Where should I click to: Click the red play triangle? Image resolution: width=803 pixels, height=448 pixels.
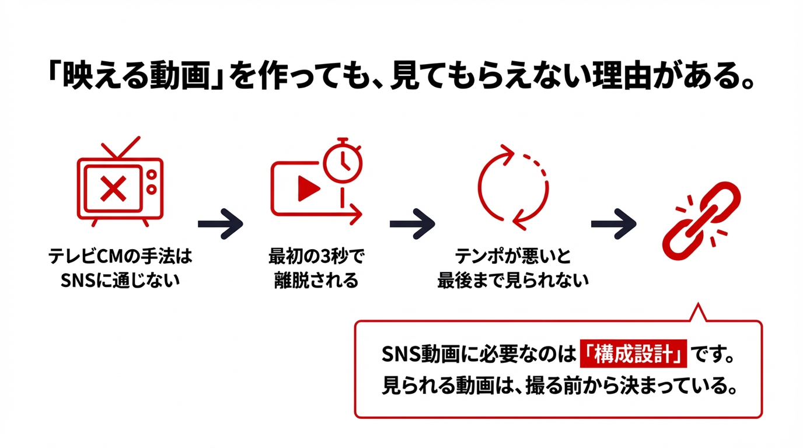[308, 188]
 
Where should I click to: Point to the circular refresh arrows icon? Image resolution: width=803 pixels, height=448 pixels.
[513, 188]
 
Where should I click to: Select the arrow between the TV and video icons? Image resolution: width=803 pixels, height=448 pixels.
[220, 223]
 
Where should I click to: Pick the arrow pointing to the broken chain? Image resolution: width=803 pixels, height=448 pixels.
[613, 223]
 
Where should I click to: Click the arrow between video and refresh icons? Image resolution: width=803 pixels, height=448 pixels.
[412, 223]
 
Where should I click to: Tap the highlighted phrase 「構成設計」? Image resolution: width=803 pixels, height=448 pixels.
[634, 355]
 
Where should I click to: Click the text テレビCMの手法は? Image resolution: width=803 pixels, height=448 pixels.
[121, 257]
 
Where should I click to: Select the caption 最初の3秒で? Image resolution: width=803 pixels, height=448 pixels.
[316, 257]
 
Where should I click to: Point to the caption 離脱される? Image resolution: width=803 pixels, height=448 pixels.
[316, 281]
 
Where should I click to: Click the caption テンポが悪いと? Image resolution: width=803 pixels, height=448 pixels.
[513, 257]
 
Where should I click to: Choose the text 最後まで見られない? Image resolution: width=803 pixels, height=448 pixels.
[513, 281]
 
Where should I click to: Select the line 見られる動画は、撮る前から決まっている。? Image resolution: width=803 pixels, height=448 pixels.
[557, 386]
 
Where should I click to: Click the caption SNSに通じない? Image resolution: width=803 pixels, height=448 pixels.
[121, 281]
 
